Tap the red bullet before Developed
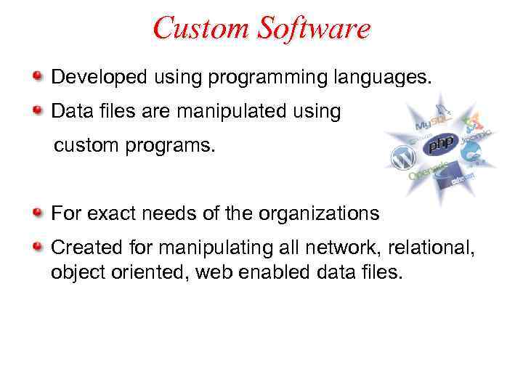[x=38, y=75]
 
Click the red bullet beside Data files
[x=38, y=110]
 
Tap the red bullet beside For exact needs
[x=38, y=213]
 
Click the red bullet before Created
[x=38, y=247]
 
